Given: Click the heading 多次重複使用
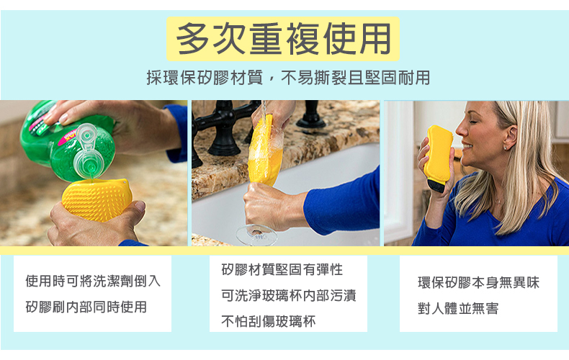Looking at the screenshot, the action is point(283,38).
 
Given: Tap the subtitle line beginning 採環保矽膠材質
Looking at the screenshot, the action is point(288,78).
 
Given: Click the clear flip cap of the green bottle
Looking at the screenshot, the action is point(87,150).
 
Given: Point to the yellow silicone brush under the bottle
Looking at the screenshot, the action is point(97,199).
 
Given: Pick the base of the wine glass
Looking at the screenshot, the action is point(256,235).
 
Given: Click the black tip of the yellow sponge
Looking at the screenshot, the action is point(436,185).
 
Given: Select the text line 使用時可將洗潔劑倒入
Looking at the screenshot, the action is point(93,282).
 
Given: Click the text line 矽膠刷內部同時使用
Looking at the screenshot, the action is point(86,307).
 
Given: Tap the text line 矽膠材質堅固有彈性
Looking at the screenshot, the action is point(282,269).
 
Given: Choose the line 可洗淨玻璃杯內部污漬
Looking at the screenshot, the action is point(289,295).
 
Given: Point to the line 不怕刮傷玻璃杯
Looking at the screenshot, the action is point(269,321).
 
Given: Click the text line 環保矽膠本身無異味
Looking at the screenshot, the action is point(479,283).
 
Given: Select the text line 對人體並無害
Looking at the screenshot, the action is point(458,308).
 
